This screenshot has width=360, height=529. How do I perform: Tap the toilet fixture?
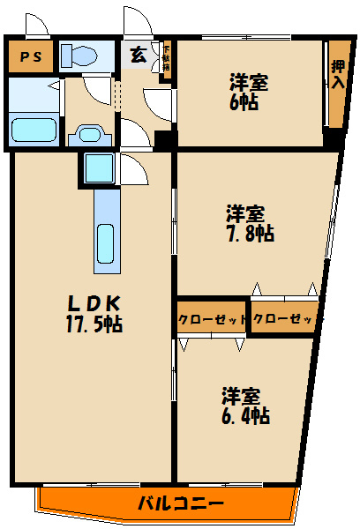point(81,56)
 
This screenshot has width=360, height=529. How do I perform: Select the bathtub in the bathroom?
point(34,128)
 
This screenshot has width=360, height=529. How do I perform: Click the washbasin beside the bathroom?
point(90,136)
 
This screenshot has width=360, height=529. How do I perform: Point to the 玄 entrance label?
point(139,55)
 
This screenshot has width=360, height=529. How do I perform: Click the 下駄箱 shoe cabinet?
point(165,59)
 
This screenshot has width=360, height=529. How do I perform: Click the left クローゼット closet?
point(212,319)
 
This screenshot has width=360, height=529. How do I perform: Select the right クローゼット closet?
point(283,319)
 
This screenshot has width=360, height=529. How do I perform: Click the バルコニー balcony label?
point(181,504)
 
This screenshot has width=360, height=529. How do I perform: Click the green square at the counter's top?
point(96,166)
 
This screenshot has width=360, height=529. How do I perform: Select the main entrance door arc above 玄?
point(138,22)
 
